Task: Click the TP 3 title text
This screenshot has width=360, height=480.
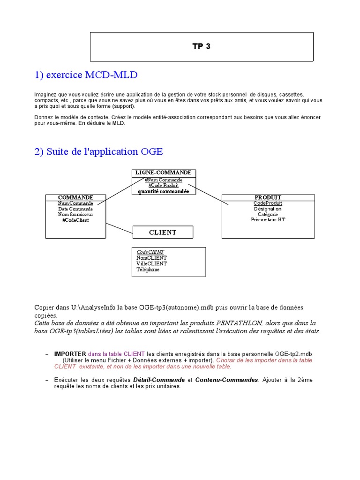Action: pyautogui.click(x=202, y=46)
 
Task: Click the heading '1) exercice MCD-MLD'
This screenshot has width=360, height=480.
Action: pyautogui.click(x=86, y=75)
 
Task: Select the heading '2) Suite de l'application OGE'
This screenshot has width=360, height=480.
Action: pyautogui.click(x=98, y=151)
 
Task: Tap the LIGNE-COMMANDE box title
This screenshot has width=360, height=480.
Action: pyautogui.click(x=163, y=173)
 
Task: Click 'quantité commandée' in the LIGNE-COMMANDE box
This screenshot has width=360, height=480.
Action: pyautogui.click(x=163, y=191)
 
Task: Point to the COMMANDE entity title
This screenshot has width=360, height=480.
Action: pyautogui.click(x=75, y=197)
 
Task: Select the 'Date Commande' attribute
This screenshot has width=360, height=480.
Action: pyautogui.click(x=75, y=209)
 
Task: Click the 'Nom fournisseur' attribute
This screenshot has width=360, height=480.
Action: pyautogui.click(x=75, y=214)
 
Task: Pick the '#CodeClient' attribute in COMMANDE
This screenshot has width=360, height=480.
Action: pyautogui.click(x=75, y=220)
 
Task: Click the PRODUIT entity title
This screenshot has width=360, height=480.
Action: pyautogui.click(x=268, y=197)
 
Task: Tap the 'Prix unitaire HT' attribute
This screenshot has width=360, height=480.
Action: pyautogui.click(x=268, y=219)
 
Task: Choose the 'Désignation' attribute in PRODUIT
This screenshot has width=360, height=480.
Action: pyautogui.click(x=268, y=209)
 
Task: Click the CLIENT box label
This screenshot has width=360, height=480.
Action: pyautogui.click(x=163, y=232)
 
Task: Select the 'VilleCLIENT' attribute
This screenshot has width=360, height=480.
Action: pyautogui.click(x=151, y=263)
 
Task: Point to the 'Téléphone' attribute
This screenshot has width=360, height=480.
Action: pyautogui.click(x=148, y=270)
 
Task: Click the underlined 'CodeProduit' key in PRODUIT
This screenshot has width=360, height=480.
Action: pyautogui.click(x=268, y=203)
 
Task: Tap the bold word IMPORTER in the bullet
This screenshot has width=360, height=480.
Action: pyautogui.click(x=70, y=354)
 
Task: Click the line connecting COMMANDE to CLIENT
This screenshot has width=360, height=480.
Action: pyautogui.click(x=120, y=228)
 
